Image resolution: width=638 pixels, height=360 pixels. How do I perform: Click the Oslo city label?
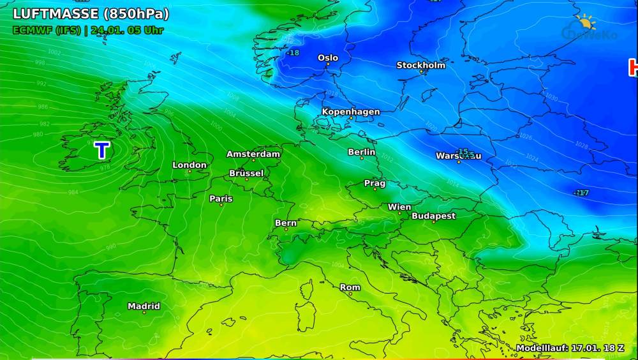point(328,58)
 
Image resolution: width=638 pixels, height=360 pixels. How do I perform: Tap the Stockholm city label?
point(421,65)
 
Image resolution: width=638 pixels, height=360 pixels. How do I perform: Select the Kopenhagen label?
point(350,112)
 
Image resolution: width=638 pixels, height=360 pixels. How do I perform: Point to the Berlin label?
point(362,153)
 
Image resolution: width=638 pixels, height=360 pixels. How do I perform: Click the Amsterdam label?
point(253,154)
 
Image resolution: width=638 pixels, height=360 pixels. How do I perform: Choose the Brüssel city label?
point(246,174)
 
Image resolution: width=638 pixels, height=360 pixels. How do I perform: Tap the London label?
point(189,165)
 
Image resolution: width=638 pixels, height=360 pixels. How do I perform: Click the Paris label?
point(221,199)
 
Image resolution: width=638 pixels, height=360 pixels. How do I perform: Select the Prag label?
point(375,184)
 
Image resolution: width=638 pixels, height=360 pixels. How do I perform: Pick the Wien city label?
point(399,207)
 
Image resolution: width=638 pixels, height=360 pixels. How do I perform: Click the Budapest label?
point(433,216)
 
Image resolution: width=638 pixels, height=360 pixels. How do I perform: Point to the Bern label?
point(285,223)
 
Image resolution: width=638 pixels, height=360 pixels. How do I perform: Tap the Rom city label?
point(350,288)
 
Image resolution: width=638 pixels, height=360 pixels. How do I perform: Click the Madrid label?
point(144,306)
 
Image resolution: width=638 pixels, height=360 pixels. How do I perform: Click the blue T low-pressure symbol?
point(102,151)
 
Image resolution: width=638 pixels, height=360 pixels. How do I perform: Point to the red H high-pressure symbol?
point(634,67)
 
